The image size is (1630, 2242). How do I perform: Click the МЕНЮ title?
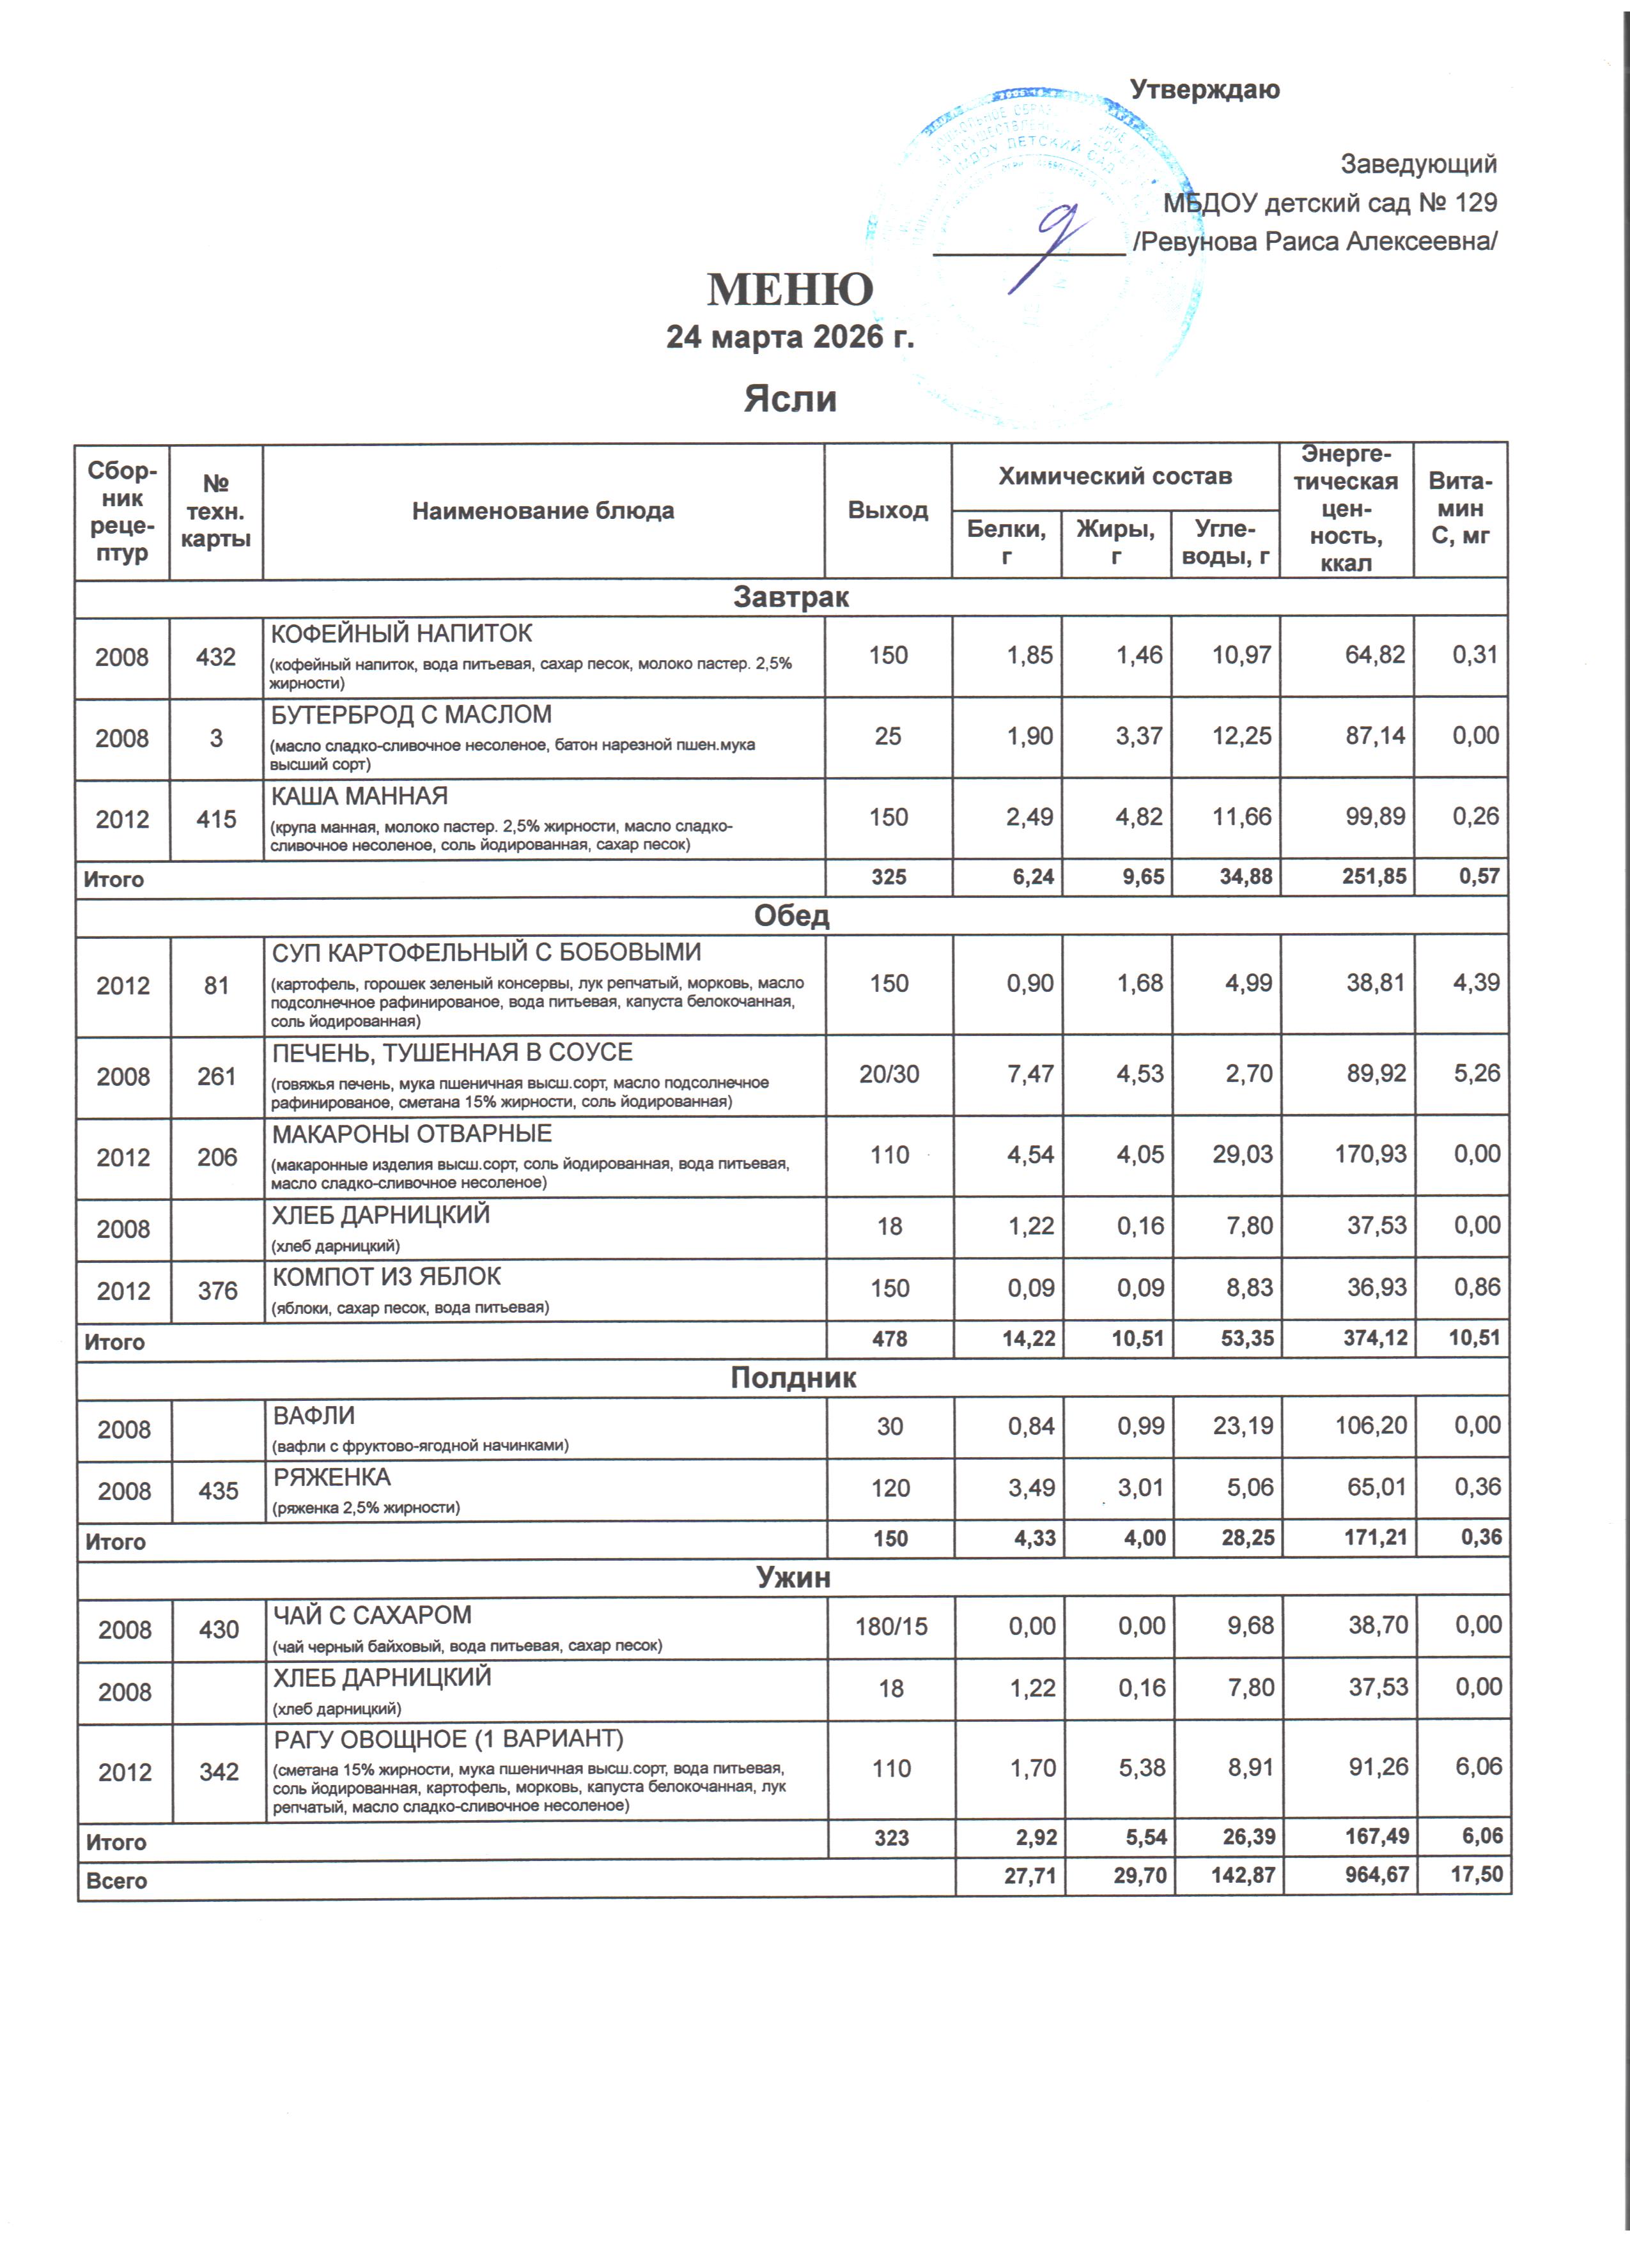point(790,290)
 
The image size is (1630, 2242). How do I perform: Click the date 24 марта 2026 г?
point(790,337)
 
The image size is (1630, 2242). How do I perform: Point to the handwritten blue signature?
point(1053,242)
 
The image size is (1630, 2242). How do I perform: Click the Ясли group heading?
point(790,398)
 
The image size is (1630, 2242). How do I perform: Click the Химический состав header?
point(1115,477)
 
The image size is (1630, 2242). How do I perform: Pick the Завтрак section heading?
point(791,597)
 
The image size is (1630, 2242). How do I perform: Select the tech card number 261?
point(217,1076)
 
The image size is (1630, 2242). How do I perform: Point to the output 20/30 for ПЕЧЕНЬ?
point(889,1074)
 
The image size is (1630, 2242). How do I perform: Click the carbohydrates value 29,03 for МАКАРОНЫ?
point(1241,1155)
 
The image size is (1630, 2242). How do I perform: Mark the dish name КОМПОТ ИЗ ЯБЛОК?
point(387,1276)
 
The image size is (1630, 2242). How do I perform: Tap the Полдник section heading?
point(793,1378)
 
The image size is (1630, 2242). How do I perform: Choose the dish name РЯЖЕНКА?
point(332,1477)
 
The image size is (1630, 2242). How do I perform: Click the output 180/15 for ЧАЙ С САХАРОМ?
point(890,1626)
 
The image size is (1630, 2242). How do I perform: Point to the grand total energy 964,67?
point(1377,1875)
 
